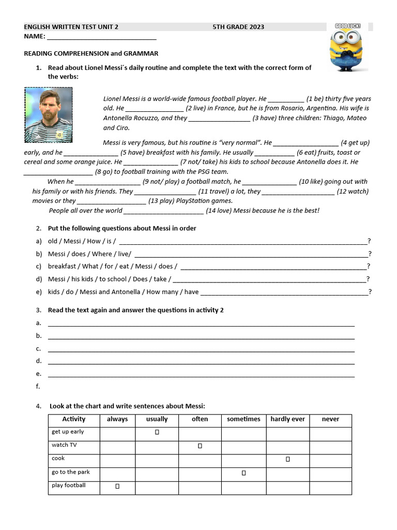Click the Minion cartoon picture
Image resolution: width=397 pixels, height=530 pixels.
click(x=347, y=48)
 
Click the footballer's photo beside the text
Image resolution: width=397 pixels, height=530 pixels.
click(x=49, y=115)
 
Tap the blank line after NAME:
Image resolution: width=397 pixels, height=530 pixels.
click(x=101, y=37)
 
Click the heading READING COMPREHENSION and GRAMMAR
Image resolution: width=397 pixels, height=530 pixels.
click(x=91, y=53)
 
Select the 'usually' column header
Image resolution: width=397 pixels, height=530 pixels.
click(x=157, y=419)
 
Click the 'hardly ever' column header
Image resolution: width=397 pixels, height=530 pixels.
click(x=287, y=419)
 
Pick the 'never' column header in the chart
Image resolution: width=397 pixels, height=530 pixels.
click(x=330, y=419)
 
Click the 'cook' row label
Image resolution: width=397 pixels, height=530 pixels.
click(x=58, y=459)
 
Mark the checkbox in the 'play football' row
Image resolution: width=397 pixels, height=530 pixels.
click(x=117, y=486)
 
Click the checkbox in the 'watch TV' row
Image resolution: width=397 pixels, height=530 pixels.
click(x=200, y=446)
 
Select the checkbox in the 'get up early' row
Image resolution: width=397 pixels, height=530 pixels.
click(x=157, y=432)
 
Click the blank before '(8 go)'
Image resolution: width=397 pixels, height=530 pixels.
click(x=58, y=172)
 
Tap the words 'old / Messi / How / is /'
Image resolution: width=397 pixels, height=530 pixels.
click(x=82, y=241)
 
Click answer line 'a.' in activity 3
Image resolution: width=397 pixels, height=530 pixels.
click(x=201, y=323)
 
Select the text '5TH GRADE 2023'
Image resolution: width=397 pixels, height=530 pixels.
click(x=238, y=27)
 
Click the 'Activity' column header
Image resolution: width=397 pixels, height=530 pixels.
click(x=74, y=419)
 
